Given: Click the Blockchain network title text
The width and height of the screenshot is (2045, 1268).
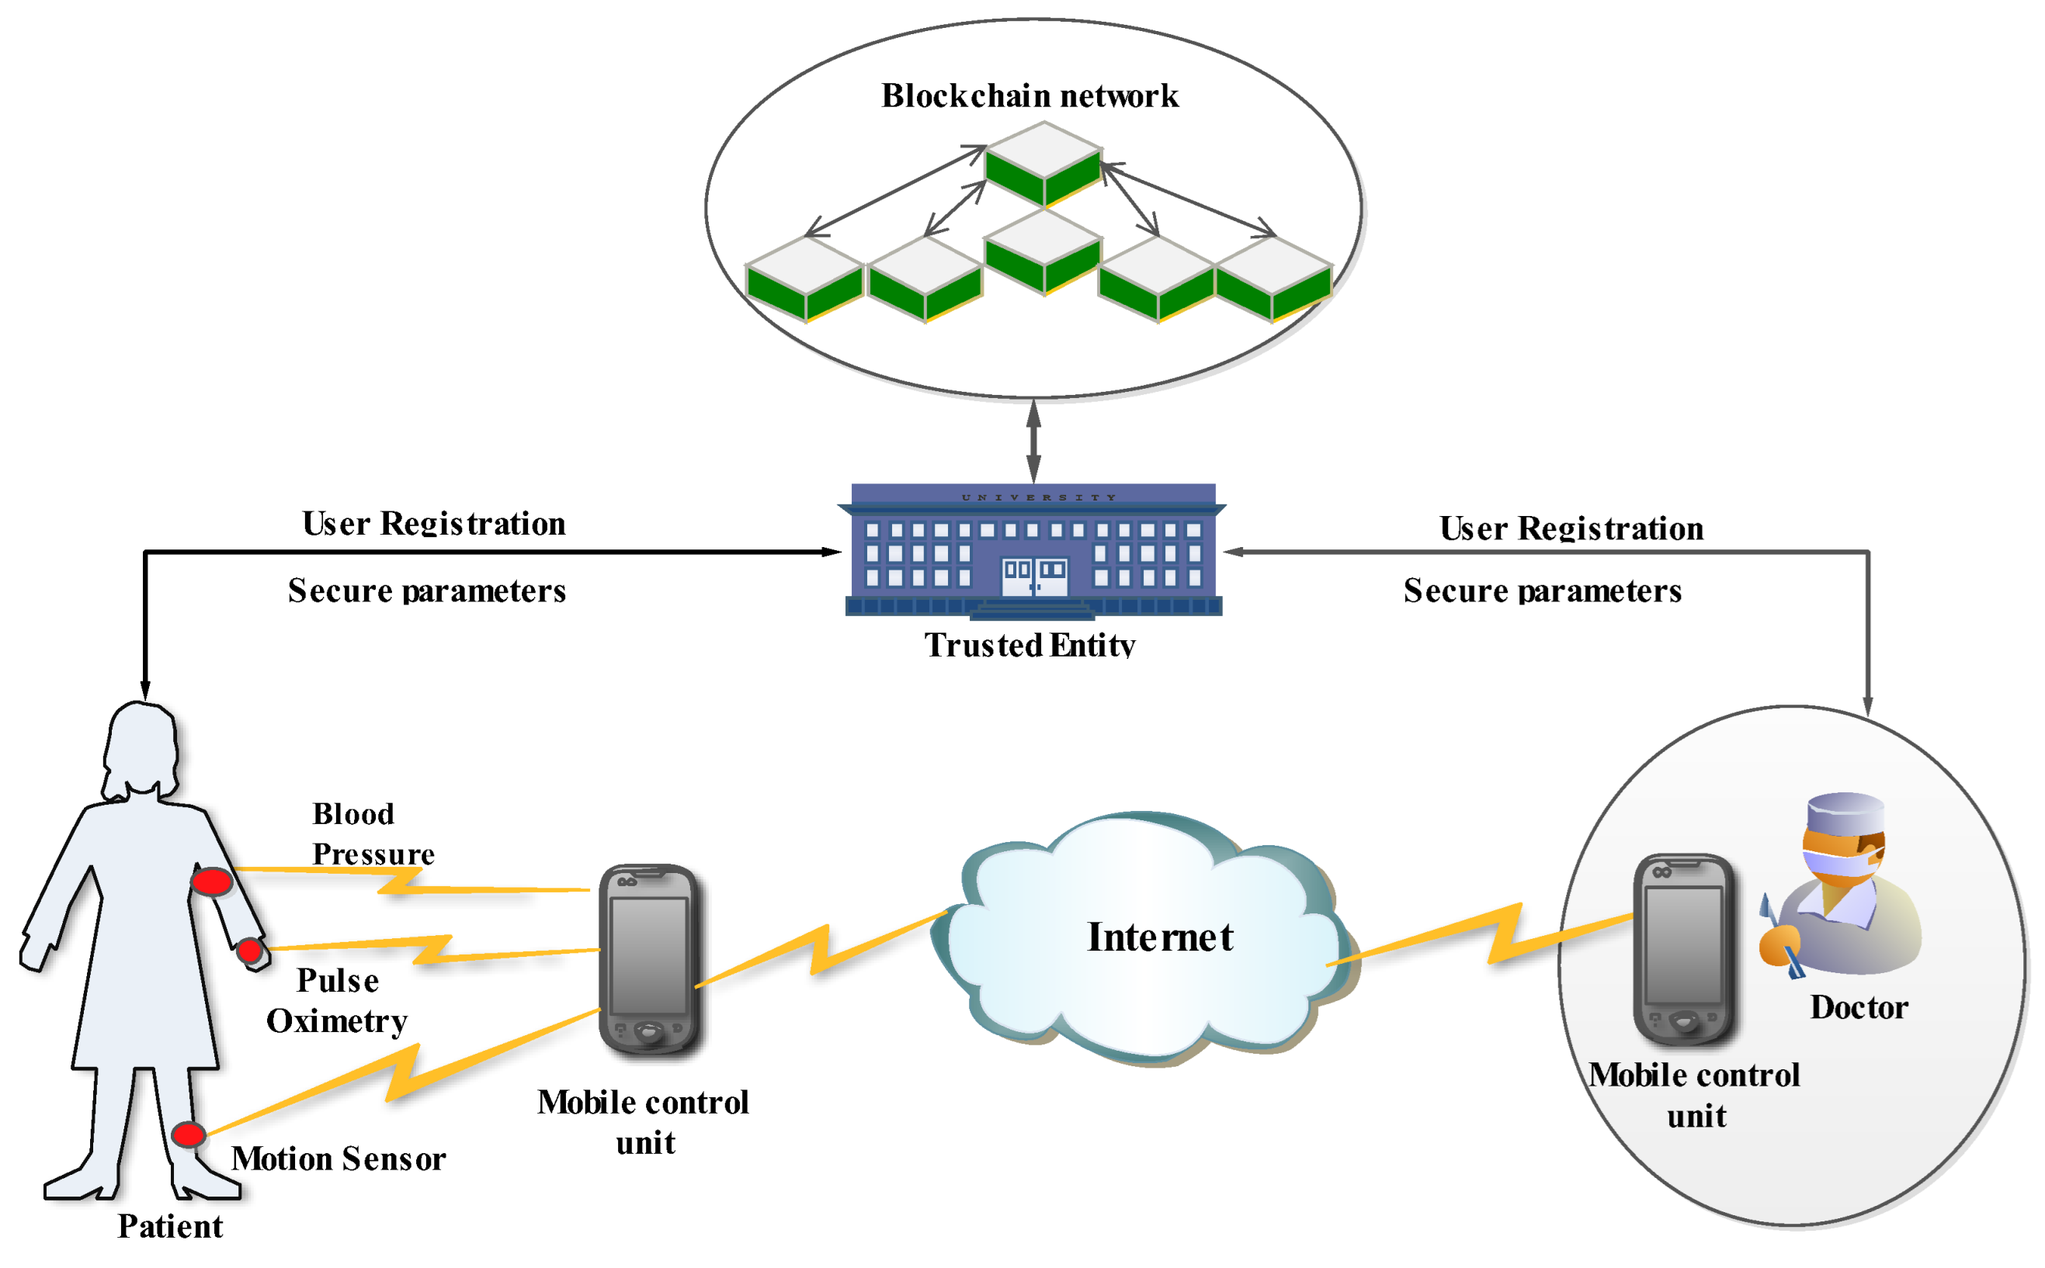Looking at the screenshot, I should [1029, 95].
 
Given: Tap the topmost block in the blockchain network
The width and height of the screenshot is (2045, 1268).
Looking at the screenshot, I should [1043, 165].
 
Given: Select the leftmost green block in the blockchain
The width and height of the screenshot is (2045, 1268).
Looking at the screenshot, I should [804, 279].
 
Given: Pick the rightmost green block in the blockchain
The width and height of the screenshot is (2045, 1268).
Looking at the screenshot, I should [1272, 279].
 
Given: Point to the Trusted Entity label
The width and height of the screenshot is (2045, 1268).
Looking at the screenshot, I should [1029, 645].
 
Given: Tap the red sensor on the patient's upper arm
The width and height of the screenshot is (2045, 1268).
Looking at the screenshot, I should [211, 882].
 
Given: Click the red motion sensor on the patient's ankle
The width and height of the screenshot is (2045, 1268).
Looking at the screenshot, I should [188, 1135].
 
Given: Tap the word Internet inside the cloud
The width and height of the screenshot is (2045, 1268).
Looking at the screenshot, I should [1159, 937].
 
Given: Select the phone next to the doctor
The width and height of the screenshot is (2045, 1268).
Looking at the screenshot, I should [1682, 949].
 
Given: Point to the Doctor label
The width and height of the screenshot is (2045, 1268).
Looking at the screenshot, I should [1858, 1007].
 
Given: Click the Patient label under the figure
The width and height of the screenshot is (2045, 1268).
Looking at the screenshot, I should [169, 1226].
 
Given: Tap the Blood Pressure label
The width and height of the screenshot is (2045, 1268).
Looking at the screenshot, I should [373, 833].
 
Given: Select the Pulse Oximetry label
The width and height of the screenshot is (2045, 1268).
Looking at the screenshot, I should [336, 1000].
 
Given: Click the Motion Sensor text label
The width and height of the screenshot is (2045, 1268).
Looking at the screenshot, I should [338, 1159].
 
